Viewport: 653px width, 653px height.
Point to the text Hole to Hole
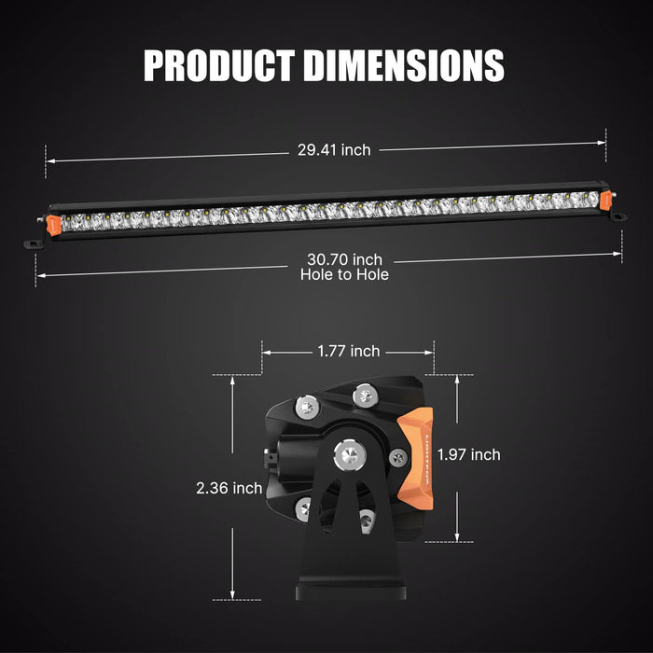[x=344, y=274]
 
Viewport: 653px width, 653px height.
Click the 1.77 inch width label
[x=347, y=352]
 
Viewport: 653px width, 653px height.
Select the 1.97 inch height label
[x=468, y=454]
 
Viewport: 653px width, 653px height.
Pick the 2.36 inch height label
[x=229, y=488]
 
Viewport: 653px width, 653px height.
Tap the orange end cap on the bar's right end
[x=606, y=200]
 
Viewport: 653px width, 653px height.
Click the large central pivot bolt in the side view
[x=350, y=455]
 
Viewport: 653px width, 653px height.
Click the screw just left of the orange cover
[x=398, y=458]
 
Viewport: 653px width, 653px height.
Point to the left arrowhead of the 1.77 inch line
[x=265, y=353]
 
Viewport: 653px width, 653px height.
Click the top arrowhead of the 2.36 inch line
[x=231, y=378]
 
